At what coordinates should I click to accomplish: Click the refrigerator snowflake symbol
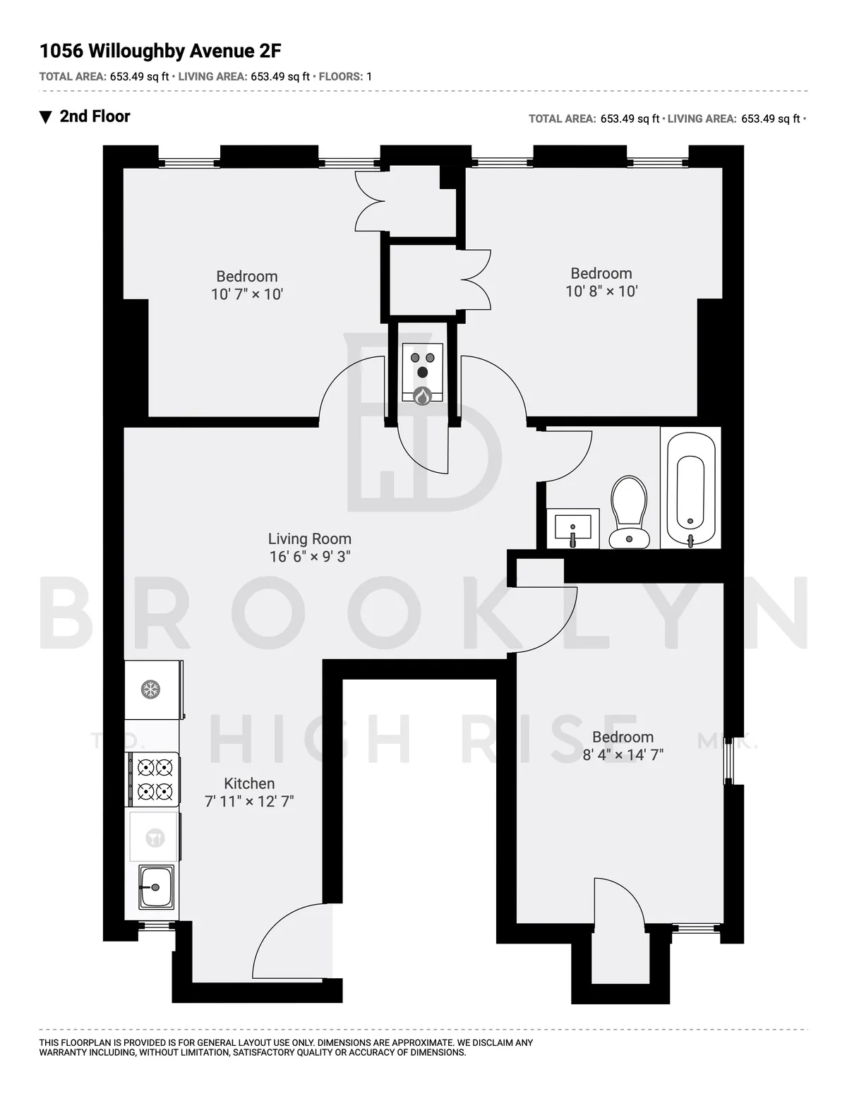pos(150,689)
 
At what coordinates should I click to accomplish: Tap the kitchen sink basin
pos(155,886)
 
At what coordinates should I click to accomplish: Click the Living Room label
pos(309,539)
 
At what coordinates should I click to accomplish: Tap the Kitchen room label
pos(249,783)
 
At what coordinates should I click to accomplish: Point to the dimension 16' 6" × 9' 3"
pos(309,557)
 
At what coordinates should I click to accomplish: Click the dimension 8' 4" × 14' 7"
pos(623,754)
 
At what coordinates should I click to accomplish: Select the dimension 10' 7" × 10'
pos(247,294)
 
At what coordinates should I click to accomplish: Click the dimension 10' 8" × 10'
pos(601,291)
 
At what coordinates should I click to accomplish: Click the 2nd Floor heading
pos(95,116)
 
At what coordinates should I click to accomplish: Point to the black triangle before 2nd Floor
pos(46,117)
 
